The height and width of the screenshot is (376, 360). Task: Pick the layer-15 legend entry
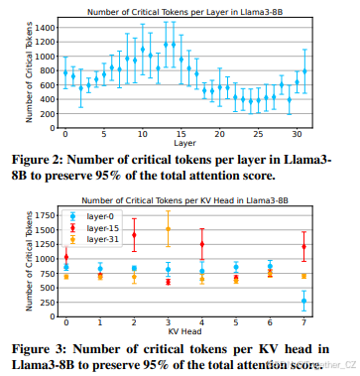pos(92,227)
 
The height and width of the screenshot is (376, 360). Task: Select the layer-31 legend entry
pos(92,239)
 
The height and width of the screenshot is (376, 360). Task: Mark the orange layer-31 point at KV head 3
pos(169,229)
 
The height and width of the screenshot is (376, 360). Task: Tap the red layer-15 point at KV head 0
pos(66,257)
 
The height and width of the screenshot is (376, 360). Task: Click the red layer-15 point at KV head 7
pos(304,246)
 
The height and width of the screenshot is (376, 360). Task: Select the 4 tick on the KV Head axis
pos(202,321)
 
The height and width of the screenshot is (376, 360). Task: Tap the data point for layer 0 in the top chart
pos(65,73)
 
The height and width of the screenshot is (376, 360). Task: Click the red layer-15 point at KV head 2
pos(134,235)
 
